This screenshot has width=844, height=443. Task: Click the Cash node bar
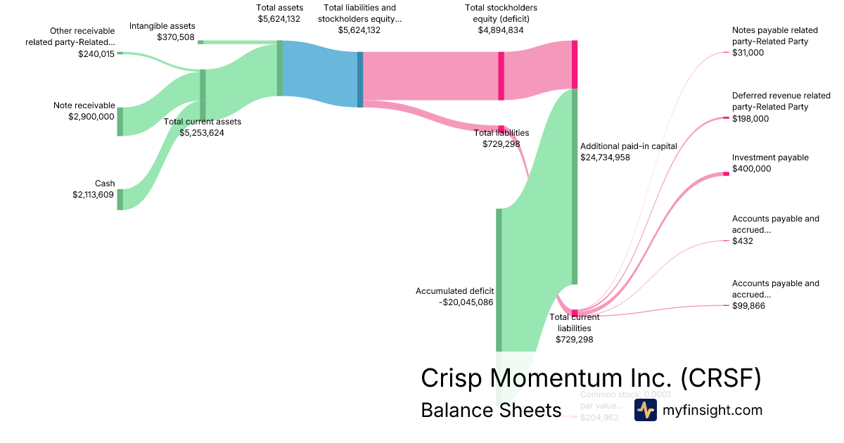pyautogui.click(x=120, y=199)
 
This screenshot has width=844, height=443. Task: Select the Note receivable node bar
pyautogui.click(x=120, y=121)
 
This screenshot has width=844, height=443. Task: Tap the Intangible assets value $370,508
pyautogui.click(x=175, y=37)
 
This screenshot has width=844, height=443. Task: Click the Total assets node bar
pyautogui.click(x=280, y=68)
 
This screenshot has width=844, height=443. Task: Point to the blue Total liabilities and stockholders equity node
pyautogui.click(x=360, y=79)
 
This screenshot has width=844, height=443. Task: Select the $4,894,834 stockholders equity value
pyautogui.click(x=498, y=30)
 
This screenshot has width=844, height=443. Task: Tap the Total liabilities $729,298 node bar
pyautogui.click(x=501, y=129)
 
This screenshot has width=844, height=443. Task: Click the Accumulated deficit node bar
pyautogui.click(x=499, y=280)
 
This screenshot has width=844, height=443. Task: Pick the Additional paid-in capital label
pyautogui.click(x=628, y=146)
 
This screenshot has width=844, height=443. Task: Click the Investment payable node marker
pyautogui.click(x=727, y=174)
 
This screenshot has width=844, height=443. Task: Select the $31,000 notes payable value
pyautogui.click(x=748, y=53)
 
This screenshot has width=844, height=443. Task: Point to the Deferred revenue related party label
pyautogui.click(x=771, y=101)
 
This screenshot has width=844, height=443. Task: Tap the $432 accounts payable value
pyautogui.click(x=742, y=241)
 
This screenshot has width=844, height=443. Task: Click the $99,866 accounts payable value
pyautogui.click(x=748, y=306)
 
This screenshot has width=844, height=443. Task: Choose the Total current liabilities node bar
pyautogui.click(x=575, y=313)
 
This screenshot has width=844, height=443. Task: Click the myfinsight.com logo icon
pyautogui.click(x=645, y=410)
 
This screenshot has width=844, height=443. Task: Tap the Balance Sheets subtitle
pyautogui.click(x=491, y=410)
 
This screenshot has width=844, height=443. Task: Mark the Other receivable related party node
pyautogui.click(x=120, y=53)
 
